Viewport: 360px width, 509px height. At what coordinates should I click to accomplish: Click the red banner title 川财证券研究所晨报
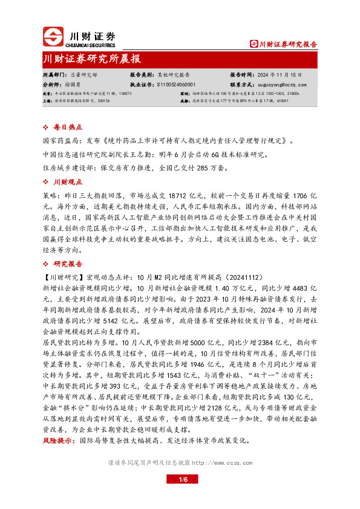91,59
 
